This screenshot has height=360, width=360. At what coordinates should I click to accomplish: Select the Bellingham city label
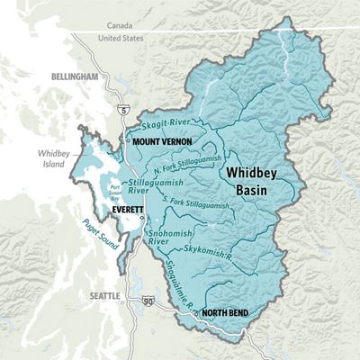coord(74,78)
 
